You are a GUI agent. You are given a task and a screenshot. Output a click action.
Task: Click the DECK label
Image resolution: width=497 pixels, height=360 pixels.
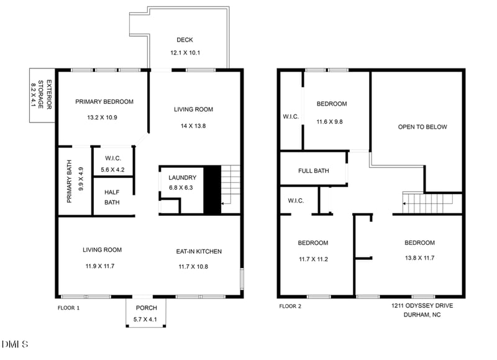pos(185,40)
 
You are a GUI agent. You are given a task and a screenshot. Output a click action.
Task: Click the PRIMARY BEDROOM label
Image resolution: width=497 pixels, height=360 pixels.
pos(104,101)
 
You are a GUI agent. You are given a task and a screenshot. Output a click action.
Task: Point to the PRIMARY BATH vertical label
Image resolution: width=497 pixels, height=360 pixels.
pos(70,182)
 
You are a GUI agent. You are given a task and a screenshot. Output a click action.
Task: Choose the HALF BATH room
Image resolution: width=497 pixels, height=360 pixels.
pos(112,196)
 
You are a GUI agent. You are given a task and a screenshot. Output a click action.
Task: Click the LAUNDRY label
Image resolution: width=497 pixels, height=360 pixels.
pos(182,177)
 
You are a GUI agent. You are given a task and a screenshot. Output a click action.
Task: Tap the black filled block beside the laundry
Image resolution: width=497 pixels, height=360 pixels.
pos(212,190)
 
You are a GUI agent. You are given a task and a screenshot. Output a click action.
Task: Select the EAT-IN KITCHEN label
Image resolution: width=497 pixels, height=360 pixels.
pos(199,251)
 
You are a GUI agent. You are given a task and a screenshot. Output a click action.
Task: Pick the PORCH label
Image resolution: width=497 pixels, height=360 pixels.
pos(145,308)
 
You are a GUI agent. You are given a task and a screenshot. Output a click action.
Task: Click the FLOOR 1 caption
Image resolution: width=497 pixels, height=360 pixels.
pos(68,307)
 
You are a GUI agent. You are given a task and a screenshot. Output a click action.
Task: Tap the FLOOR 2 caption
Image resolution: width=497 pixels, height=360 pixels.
pos(290,306)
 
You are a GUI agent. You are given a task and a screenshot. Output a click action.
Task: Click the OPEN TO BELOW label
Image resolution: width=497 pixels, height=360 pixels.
pos(422,127)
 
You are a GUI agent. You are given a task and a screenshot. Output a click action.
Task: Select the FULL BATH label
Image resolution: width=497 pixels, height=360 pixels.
pos(313,170)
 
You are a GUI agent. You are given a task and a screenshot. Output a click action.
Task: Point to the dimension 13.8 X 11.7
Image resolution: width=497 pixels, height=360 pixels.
pos(419,257)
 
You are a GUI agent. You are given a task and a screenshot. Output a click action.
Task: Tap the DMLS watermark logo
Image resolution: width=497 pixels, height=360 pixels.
pos(16,343)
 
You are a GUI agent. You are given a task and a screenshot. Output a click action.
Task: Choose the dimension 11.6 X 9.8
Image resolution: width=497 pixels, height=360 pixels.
pos(332,122)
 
